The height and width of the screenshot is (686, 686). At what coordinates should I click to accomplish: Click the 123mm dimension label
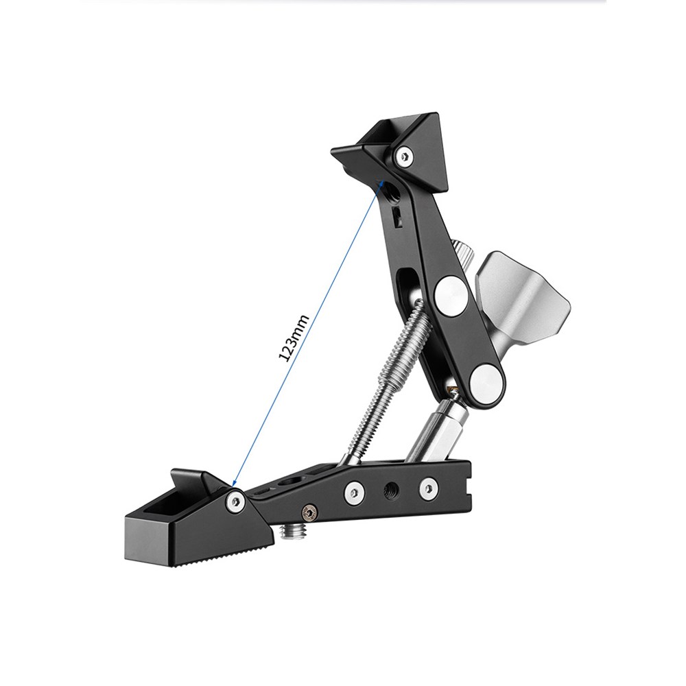click(x=294, y=338)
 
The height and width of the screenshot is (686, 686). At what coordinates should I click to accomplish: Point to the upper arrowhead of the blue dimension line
click(x=381, y=182)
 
